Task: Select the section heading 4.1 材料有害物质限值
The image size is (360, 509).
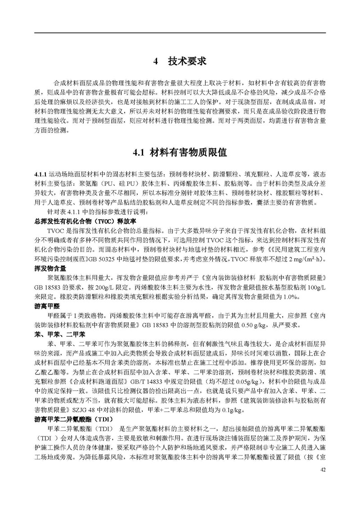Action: click(180, 153)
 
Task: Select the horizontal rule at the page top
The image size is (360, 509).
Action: click(180, 34)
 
